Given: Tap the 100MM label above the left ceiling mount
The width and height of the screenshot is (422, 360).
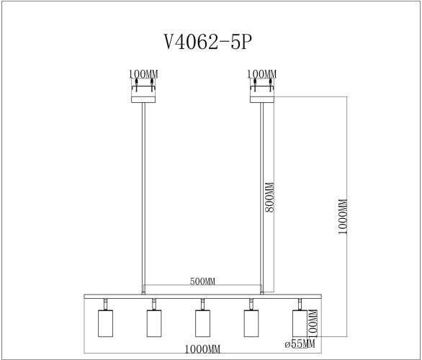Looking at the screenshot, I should (x=143, y=74).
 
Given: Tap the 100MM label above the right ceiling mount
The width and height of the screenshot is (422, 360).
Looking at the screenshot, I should (x=261, y=74).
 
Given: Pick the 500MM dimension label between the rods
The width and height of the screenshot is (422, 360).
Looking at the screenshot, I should (x=202, y=281).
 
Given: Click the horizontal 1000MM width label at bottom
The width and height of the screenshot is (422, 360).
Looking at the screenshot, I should (x=202, y=349).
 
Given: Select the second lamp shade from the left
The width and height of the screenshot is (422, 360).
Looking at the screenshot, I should (x=153, y=323).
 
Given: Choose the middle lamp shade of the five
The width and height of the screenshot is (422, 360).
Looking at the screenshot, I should (x=202, y=323).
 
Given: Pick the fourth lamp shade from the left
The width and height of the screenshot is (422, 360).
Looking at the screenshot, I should (x=251, y=323).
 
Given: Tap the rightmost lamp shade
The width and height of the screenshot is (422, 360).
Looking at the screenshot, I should (x=299, y=323).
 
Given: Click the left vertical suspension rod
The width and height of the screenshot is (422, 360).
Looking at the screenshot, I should (x=143, y=194).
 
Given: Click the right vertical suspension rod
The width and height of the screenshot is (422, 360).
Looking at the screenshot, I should (x=261, y=194).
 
